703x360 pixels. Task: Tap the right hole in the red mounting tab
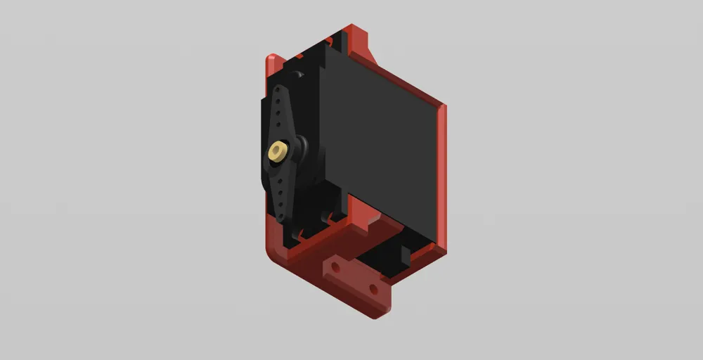coord(373,288)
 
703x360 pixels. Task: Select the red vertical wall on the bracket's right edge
coord(441,176)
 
